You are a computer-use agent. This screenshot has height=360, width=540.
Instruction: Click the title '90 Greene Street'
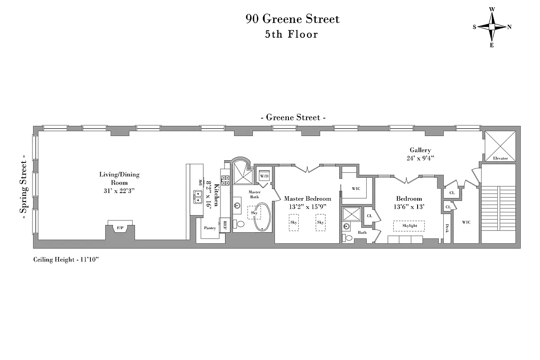pyautogui.click(x=292, y=19)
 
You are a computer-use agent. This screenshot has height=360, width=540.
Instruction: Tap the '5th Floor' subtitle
pyautogui.click(x=292, y=34)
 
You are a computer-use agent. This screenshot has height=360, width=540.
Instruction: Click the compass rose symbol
pyautogui.click(x=492, y=27)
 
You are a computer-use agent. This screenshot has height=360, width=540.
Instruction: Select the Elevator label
pyautogui.click(x=500, y=158)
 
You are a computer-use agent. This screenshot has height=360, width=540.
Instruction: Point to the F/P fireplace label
pyautogui.click(x=120, y=229)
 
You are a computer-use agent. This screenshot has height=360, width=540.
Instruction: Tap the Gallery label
pyautogui.click(x=420, y=150)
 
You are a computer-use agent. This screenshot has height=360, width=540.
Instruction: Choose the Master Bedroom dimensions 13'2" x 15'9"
pyautogui.click(x=307, y=207)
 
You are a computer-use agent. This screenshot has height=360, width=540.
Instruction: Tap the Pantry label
pyautogui.click(x=210, y=228)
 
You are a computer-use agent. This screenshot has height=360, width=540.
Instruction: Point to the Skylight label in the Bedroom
pyautogui.click(x=409, y=225)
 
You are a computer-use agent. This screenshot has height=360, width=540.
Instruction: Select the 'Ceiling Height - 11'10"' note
pyautogui.click(x=66, y=260)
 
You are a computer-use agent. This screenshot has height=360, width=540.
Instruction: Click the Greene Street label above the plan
pyautogui.click(x=293, y=117)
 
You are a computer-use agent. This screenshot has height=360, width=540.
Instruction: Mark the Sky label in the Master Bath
pyautogui.click(x=254, y=212)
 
